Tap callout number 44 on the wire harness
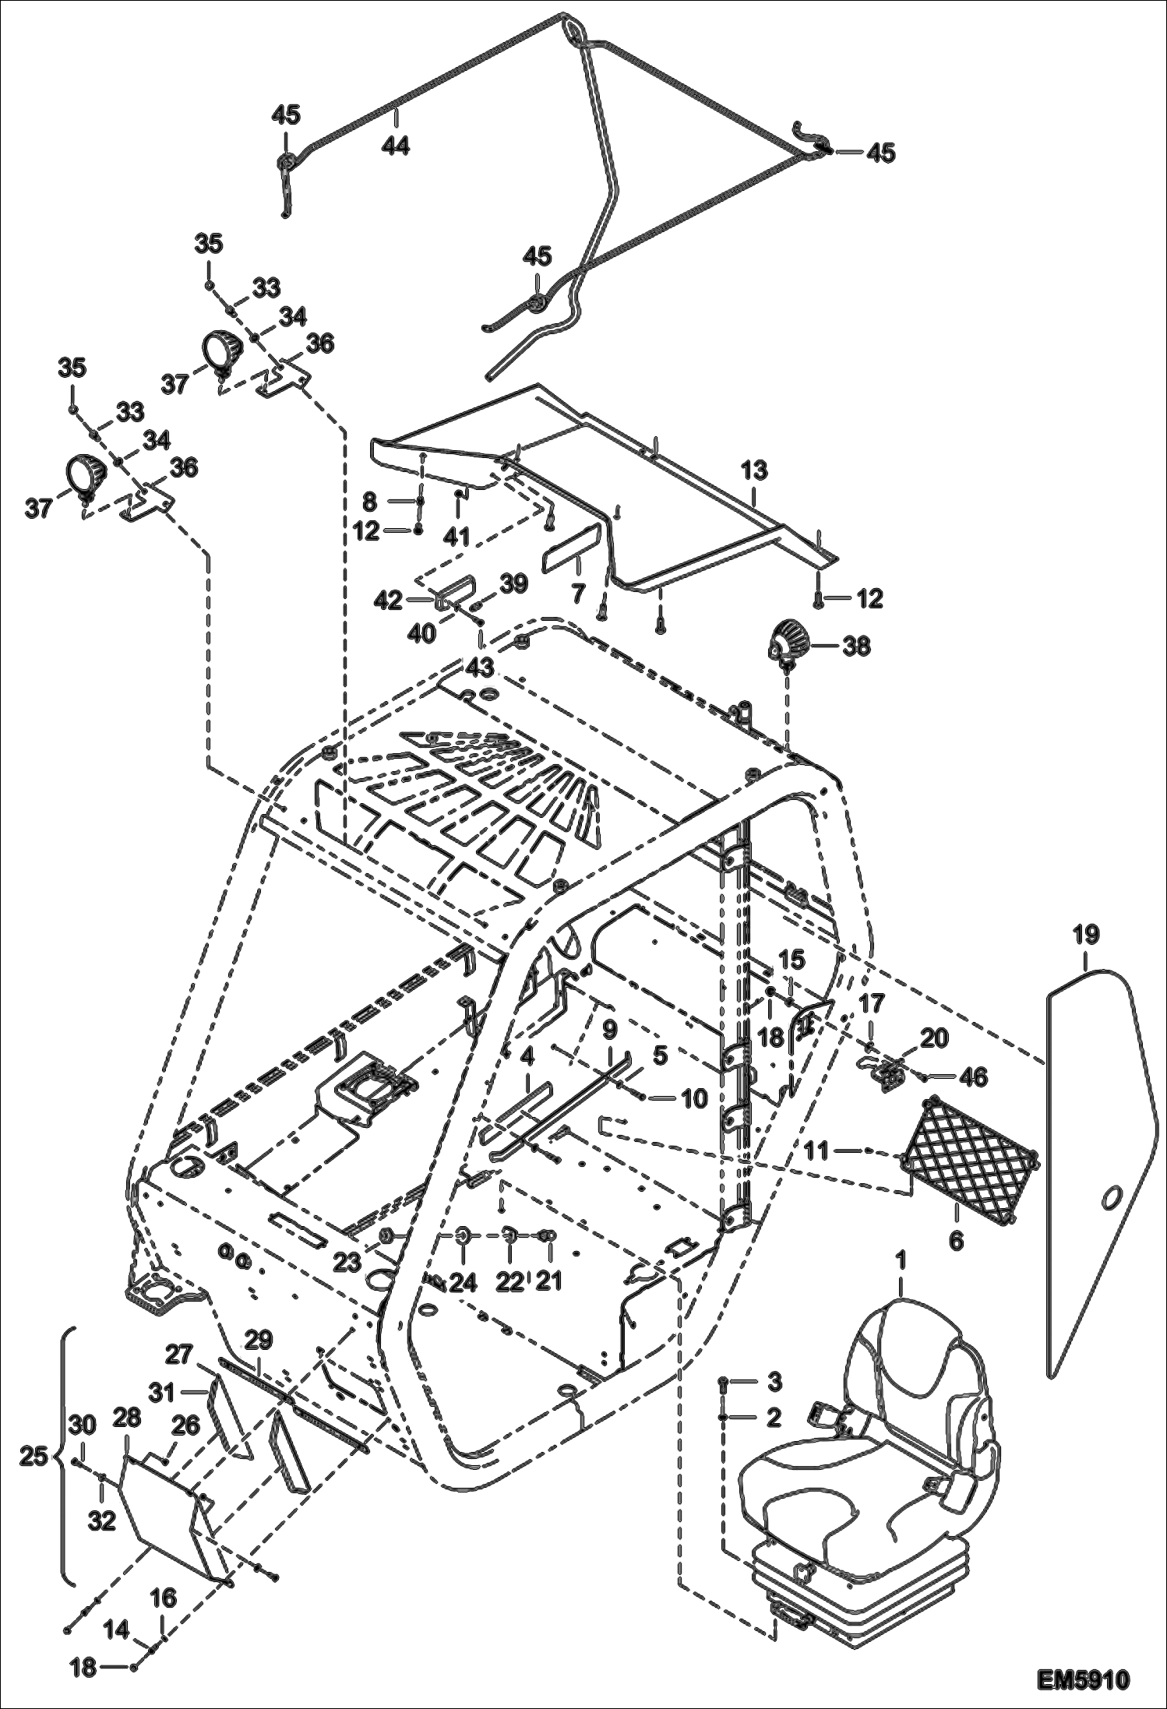[396, 145]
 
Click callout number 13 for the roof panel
[754, 470]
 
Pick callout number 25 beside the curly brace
[33, 1457]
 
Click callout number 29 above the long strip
[259, 1341]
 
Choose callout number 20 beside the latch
[934, 1038]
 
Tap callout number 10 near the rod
[693, 1098]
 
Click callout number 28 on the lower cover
[127, 1418]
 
